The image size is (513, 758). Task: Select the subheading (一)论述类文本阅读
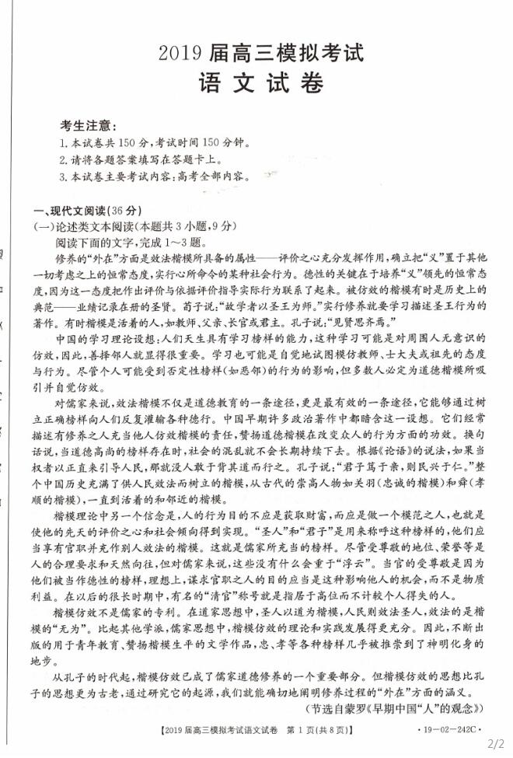[x=132, y=226]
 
